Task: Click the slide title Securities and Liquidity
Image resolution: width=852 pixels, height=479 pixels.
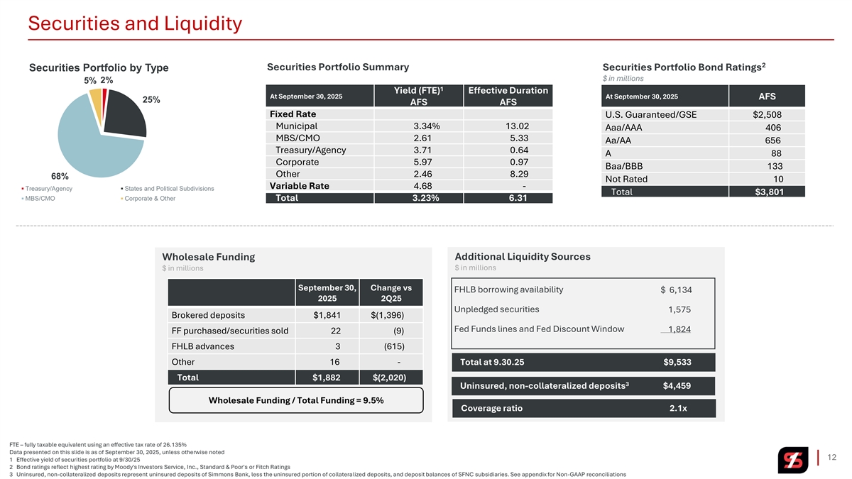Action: point(135,24)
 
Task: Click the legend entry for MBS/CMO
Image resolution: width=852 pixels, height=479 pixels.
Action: point(40,199)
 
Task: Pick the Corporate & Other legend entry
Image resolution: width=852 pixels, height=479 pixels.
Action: point(149,199)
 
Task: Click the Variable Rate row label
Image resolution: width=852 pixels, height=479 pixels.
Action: point(299,186)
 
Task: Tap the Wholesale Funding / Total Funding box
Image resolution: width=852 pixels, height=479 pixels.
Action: point(296,400)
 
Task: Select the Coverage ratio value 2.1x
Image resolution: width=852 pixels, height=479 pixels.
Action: point(682,408)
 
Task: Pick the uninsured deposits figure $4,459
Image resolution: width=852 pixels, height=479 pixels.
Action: point(677,386)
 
